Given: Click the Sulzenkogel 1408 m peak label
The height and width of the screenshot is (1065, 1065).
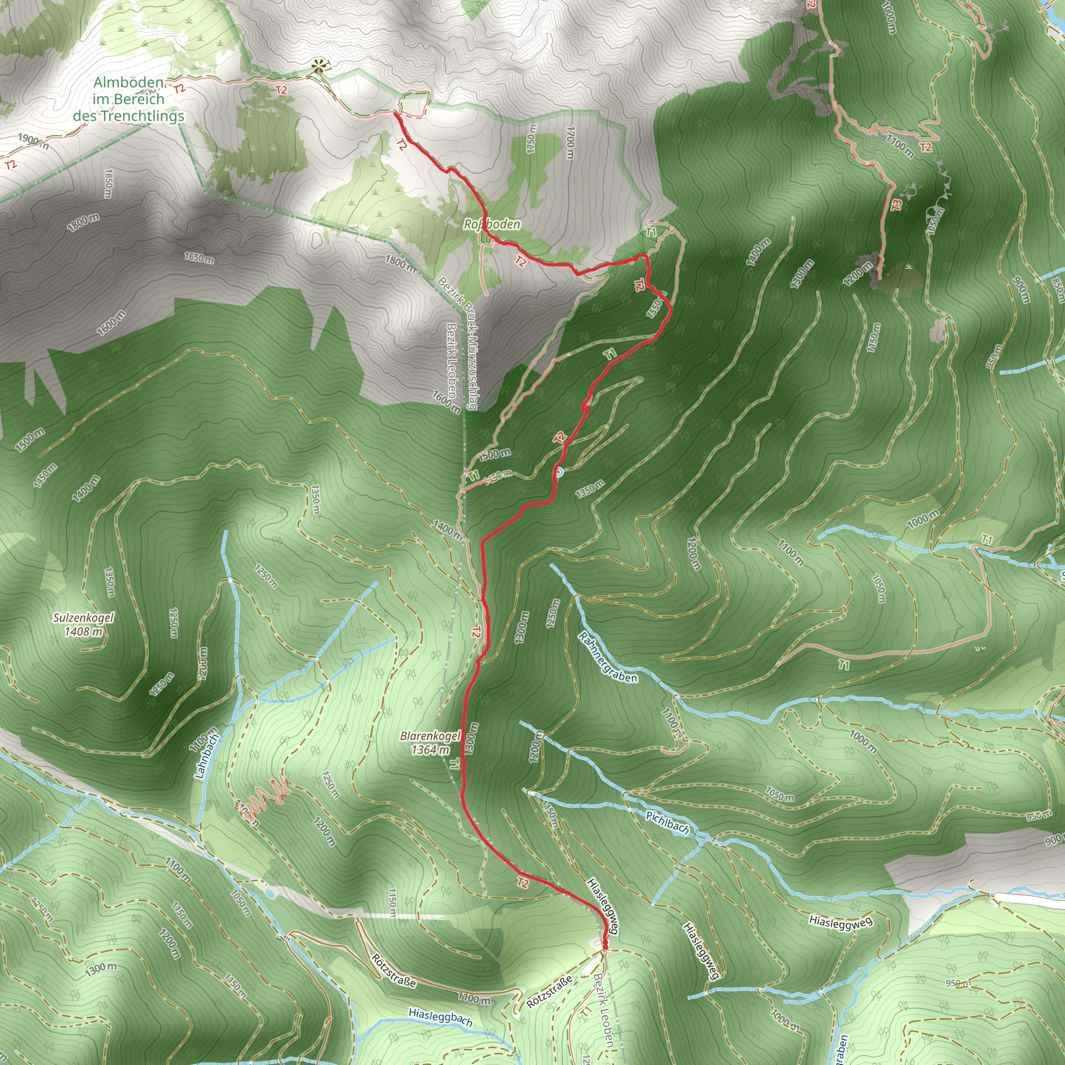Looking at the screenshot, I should pyautogui.click(x=83, y=624).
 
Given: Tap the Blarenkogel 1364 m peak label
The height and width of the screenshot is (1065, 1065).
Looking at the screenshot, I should pyautogui.click(x=430, y=743).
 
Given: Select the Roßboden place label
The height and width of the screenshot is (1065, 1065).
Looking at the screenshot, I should pyautogui.click(x=492, y=224).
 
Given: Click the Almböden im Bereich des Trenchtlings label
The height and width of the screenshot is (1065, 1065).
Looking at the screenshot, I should pyautogui.click(x=129, y=99).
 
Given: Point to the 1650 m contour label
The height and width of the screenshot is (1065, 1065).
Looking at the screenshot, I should pyautogui.click(x=199, y=257).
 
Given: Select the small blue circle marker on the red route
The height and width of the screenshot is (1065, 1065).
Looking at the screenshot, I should pyautogui.click(x=559, y=472).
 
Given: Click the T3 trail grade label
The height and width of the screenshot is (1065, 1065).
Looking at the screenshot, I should pyautogui.click(x=897, y=204).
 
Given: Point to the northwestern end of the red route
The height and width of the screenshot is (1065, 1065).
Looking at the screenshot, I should pyautogui.click(x=395, y=114).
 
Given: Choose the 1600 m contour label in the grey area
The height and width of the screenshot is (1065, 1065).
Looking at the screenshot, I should pyautogui.click(x=111, y=323).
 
